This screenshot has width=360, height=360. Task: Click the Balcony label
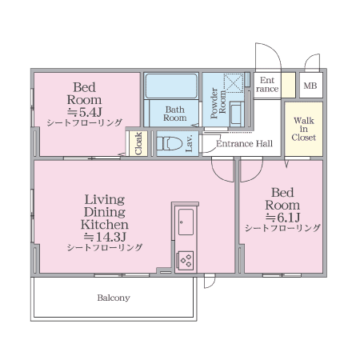(114, 298)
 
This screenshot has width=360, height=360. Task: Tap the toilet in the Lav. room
(170, 143)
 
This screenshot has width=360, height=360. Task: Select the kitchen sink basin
(186, 222)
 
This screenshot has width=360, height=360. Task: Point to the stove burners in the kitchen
(186, 260)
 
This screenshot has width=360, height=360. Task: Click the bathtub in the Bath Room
(171, 86)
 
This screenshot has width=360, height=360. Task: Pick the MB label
(310, 86)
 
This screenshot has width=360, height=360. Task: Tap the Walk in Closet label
(304, 129)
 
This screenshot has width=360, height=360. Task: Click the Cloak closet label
(138, 143)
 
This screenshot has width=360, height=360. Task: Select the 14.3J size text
(105, 237)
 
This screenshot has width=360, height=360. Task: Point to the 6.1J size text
(282, 218)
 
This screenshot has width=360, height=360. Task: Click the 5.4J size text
(84, 112)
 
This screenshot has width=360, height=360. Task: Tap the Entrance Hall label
(244, 144)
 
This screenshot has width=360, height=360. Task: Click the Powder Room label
(218, 103)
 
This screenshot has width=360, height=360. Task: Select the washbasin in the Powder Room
(236, 114)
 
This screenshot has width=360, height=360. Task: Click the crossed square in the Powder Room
(234, 83)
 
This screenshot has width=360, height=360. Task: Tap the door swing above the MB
(312, 61)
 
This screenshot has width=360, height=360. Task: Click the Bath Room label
(175, 114)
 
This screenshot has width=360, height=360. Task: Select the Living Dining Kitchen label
(105, 212)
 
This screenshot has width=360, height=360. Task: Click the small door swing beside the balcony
(210, 282)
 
